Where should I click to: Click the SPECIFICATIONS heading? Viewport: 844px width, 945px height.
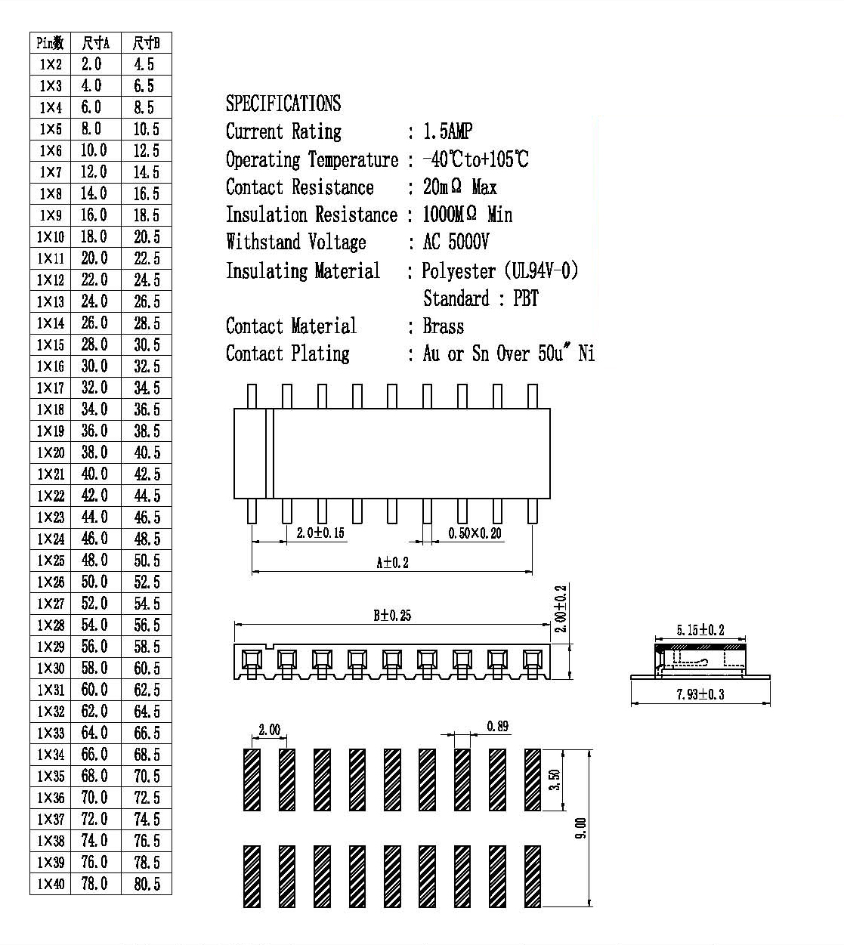(283, 103)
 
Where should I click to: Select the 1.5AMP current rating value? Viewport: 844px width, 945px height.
(447, 131)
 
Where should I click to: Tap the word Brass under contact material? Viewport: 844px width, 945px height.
(444, 326)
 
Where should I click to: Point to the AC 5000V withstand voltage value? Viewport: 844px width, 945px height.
(456, 242)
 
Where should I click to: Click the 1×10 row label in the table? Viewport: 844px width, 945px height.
(51, 236)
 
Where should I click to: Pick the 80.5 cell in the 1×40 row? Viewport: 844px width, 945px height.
(147, 883)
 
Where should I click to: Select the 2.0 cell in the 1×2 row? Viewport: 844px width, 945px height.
(91, 64)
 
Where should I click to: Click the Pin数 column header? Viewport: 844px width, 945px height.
(50, 43)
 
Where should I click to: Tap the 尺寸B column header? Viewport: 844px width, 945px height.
(146, 43)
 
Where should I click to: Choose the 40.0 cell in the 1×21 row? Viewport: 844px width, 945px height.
(94, 474)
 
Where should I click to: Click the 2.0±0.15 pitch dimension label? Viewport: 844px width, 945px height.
(320, 533)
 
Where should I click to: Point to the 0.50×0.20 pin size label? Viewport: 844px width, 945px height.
(475, 533)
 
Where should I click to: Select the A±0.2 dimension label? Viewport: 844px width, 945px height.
(392, 563)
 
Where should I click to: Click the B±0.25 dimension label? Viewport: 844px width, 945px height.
(392, 615)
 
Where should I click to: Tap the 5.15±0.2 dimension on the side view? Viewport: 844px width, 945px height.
(700, 630)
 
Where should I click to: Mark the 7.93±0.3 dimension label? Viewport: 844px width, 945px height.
(700, 694)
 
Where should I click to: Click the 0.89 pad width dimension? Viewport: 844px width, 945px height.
(498, 726)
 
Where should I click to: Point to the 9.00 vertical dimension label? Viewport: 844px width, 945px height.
(580, 828)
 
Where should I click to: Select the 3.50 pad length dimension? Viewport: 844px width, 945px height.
(555, 780)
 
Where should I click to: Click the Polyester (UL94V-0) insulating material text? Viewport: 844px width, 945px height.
(500, 270)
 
